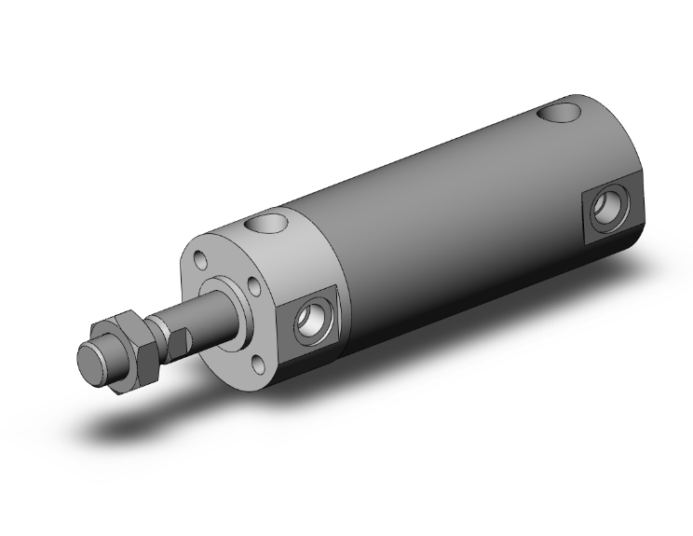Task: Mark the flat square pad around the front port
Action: [308, 341]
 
